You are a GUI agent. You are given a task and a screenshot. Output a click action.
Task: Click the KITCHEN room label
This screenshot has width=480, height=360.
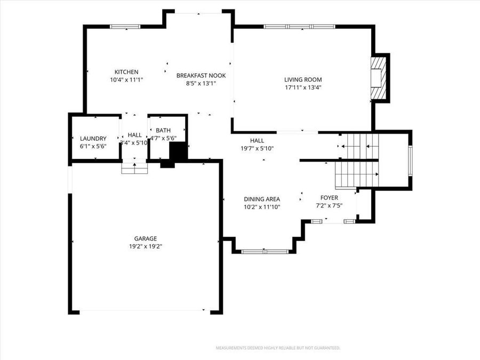pos(126,72)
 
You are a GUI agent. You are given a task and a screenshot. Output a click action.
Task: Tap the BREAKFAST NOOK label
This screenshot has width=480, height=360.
pos(201,76)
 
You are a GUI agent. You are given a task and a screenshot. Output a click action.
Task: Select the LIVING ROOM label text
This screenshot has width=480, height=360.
pos(302,80)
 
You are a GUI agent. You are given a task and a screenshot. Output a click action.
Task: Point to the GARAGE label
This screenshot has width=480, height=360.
pos(145,238)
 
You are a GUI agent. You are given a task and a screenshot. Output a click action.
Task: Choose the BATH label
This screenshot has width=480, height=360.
pos(163,130)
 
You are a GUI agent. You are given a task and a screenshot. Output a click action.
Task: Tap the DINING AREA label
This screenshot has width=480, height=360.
pos(262,199)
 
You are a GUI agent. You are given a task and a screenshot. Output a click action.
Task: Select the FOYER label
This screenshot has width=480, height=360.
pos(329,198)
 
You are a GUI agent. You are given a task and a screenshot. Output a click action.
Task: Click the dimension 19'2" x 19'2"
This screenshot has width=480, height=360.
pos(145,246)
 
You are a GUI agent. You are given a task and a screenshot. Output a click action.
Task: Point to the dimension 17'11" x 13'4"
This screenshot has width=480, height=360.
pos(302,88)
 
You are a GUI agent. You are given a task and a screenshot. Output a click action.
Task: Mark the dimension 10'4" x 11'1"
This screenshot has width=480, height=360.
pos(126,80)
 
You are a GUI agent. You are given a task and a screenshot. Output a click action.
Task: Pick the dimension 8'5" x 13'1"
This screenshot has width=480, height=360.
pos(201,84)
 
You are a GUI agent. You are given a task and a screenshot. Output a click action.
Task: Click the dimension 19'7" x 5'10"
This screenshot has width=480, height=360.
pos(257,149)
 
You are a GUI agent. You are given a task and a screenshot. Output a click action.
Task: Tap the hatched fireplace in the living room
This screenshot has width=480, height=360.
pos(378,78)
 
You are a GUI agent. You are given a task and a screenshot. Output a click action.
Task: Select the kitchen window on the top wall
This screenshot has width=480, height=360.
pos(125,26)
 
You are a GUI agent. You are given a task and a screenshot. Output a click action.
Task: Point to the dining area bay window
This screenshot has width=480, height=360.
pos(265,251)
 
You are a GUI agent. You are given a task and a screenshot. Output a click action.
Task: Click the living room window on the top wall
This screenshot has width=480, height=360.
pos(299,26)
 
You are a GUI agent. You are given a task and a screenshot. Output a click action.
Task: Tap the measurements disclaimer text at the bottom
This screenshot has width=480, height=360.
pos(277,348)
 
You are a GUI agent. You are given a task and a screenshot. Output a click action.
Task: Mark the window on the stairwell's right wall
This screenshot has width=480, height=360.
pos(410,161)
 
